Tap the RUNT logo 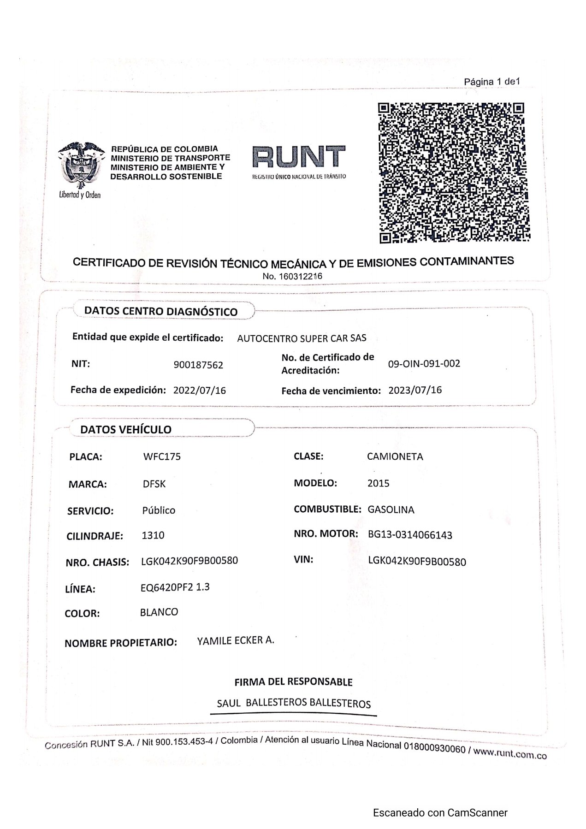tap(299, 161)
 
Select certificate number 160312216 tap(292, 277)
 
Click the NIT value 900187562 tap(198, 365)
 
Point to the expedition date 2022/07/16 tap(200, 391)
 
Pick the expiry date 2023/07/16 tap(415, 390)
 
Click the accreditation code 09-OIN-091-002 tap(424, 363)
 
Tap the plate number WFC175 tap(162, 457)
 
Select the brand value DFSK tap(154, 484)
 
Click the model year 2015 tap(379, 483)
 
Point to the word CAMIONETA tap(395, 456)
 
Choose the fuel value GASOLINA tap(391, 509)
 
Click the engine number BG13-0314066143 tap(410, 535)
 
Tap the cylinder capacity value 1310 tap(153, 535)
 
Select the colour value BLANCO tap(159, 612)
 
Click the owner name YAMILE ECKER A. tap(236, 640)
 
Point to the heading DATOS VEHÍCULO tap(126, 429)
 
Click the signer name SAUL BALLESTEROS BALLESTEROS tap(294, 703)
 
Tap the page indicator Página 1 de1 tap(492, 82)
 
